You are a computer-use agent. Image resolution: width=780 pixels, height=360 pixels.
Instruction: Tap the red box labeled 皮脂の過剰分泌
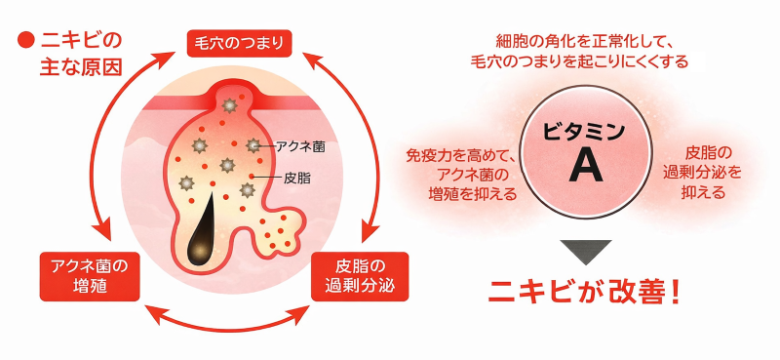click(x=361, y=276)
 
